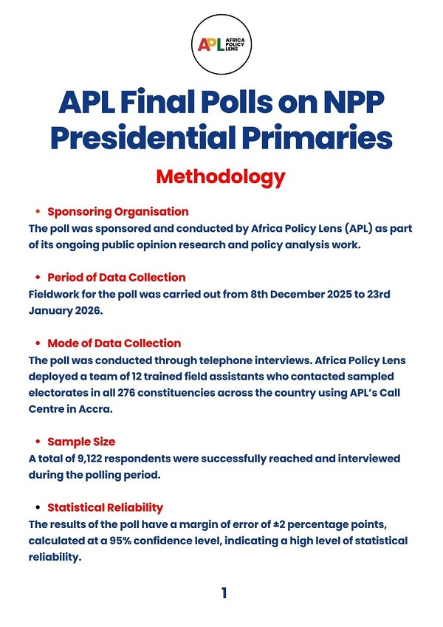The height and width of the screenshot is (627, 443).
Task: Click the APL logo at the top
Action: [222, 44]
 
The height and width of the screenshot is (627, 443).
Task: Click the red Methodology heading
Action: [221, 177]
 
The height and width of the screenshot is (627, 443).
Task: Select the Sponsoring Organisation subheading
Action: [117, 212]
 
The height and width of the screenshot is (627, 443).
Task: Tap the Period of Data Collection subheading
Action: [116, 278]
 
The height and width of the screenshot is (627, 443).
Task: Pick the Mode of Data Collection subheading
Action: [114, 343]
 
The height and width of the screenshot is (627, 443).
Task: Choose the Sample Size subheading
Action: [81, 442]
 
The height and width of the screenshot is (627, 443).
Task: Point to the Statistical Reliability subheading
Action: [105, 507]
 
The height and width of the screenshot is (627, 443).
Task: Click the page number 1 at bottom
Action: [224, 593]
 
